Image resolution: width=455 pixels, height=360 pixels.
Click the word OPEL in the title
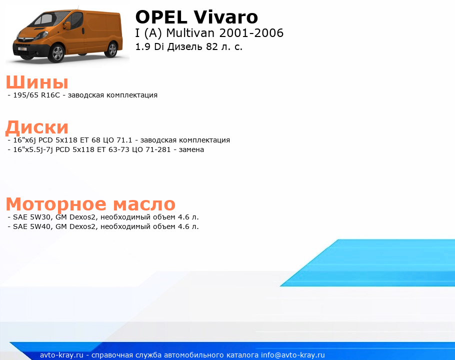(161, 17)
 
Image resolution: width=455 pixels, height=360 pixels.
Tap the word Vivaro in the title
(226, 17)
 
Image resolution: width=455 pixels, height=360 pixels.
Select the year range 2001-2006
(251, 33)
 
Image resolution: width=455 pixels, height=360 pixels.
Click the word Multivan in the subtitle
(190, 33)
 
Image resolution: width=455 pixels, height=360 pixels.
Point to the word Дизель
(185, 47)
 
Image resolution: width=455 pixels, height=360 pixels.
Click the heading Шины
(37, 82)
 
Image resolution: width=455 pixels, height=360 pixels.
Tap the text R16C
(50, 95)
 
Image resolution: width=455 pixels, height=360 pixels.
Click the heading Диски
(37, 127)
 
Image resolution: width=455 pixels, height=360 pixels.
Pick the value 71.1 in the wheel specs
(124, 140)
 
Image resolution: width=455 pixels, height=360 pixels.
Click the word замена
(191, 149)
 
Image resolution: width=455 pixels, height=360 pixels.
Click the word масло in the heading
(144, 204)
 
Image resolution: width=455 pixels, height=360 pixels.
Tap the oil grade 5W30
(40, 217)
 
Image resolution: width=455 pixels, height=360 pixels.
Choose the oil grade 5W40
(40, 226)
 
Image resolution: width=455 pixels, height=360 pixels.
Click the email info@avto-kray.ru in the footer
(293, 355)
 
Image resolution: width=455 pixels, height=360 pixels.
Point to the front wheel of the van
(57, 53)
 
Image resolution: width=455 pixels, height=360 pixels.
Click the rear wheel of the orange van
(112, 49)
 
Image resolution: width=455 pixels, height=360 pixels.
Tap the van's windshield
(43, 20)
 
